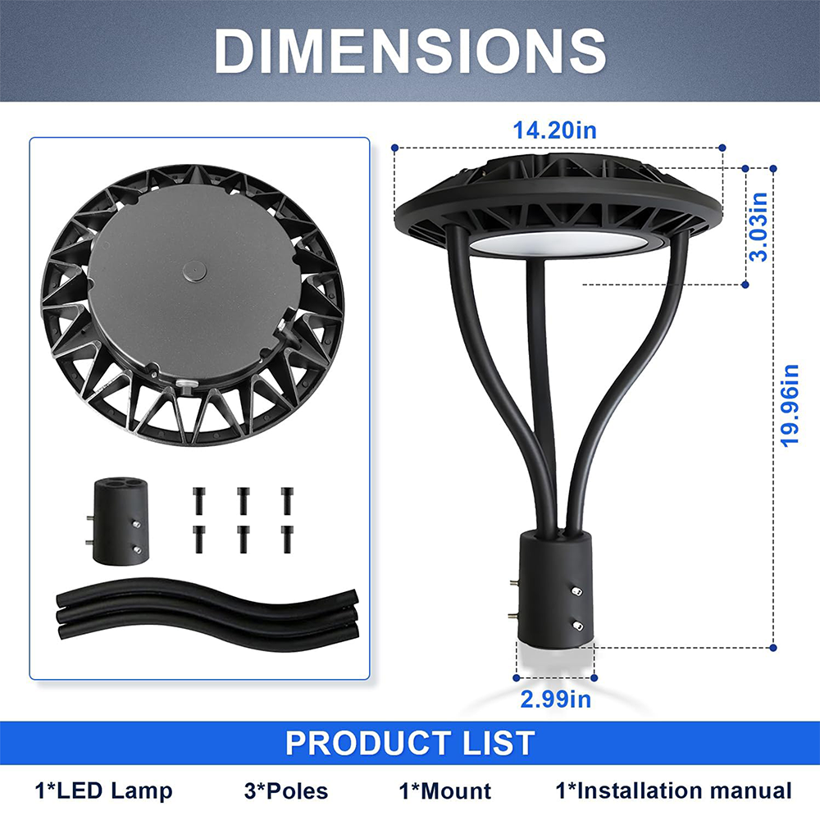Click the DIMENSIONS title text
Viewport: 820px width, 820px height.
(410, 51)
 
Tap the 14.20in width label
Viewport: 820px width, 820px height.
(554, 130)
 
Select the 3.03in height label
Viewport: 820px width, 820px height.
(760, 226)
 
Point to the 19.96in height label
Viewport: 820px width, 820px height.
(790, 405)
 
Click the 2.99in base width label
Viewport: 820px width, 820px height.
(555, 699)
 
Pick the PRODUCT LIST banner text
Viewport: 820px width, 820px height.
(410, 743)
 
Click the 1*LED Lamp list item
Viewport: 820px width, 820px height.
(104, 791)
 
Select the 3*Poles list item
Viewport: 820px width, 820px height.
(286, 791)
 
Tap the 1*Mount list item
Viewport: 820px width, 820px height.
(445, 791)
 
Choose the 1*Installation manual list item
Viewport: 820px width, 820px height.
(674, 791)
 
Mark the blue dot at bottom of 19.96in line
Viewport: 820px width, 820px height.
(772, 648)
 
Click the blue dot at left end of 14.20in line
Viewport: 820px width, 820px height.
(395, 148)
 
